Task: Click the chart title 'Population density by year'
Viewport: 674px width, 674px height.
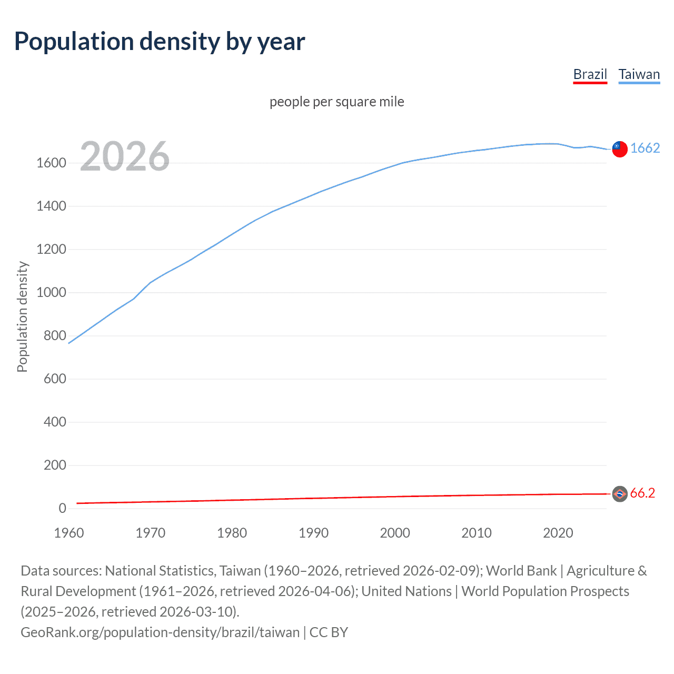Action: tap(160, 42)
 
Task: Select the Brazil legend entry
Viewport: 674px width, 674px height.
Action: tap(590, 74)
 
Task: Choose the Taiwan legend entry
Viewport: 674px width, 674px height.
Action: tap(639, 74)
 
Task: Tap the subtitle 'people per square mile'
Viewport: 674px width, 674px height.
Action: tap(336, 102)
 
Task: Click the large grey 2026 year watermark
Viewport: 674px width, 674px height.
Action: tap(125, 156)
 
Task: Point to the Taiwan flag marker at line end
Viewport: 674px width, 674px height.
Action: tap(620, 149)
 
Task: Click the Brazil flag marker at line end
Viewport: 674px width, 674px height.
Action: tap(620, 493)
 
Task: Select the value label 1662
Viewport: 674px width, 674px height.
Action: tap(645, 148)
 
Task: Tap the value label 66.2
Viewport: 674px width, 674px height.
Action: tap(642, 493)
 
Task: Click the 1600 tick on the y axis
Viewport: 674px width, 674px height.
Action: tap(51, 163)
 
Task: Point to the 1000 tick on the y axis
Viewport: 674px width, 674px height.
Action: tap(51, 293)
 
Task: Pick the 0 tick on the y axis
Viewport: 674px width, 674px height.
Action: tap(62, 508)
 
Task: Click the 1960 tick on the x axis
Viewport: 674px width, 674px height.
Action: tap(69, 533)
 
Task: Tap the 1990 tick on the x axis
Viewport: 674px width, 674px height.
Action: tap(313, 533)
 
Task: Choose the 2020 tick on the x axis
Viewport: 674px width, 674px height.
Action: tap(558, 533)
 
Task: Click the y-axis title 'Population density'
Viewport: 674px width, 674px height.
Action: tap(22, 317)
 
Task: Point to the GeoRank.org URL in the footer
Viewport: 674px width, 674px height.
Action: tap(160, 632)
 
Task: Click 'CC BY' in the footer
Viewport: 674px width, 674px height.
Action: tap(329, 632)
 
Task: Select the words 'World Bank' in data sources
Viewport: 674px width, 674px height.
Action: tap(521, 571)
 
